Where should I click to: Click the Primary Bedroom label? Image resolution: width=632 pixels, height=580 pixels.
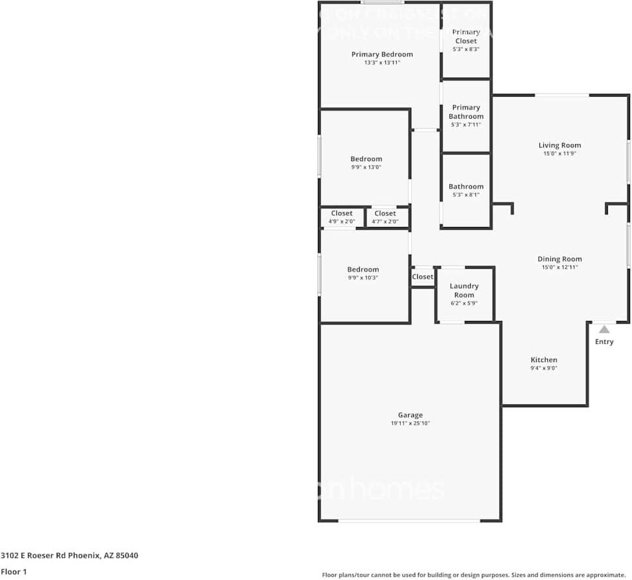point(382,54)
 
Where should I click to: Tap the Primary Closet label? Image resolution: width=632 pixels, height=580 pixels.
point(466,36)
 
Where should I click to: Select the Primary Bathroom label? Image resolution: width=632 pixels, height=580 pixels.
point(466,112)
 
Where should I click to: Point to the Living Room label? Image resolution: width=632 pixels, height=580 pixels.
point(560,145)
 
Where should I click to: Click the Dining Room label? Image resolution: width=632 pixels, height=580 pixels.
point(560,259)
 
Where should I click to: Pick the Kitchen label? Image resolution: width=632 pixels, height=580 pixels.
point(544,359)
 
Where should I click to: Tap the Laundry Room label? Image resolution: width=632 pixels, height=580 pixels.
point(464,290)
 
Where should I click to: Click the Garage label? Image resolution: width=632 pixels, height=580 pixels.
point(410,415)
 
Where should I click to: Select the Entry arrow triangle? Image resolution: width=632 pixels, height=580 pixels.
point(604,329)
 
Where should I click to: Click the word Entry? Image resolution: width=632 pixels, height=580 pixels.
point(604,341)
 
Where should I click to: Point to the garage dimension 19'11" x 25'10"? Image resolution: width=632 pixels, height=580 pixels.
point(410,423)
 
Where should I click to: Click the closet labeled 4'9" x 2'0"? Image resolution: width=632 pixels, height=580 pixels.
point(341,217)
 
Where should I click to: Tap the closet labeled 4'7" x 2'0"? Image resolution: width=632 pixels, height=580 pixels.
point(385,217)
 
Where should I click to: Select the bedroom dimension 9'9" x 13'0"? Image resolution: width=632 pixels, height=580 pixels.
point(366,167)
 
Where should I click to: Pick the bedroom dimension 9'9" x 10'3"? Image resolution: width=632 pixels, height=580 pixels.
point(362,277)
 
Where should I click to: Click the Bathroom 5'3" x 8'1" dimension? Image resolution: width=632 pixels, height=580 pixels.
point(466,194)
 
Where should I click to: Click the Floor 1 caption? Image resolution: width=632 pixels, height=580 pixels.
point(13,572)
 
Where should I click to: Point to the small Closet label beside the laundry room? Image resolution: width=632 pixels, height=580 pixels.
point(422,277)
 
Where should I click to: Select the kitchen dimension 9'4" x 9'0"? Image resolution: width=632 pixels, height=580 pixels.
point(544,368)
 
